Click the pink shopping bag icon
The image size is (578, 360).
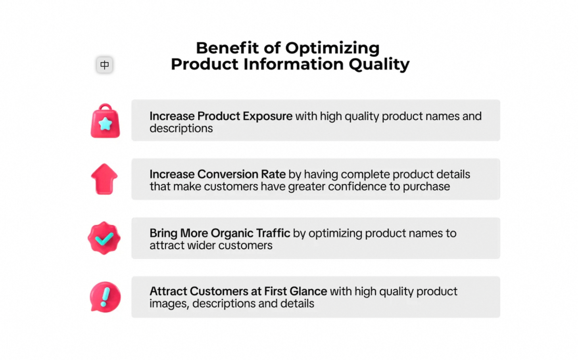point(105,121)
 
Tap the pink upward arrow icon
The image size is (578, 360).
point(104,179)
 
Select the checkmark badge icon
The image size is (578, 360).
point(104,238)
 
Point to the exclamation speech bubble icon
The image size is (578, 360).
point(105,297)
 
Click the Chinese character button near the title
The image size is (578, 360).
point(105,64)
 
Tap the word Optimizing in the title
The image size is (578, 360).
point(332,49)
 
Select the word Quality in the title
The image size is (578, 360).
point(379,64)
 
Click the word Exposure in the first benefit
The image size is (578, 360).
point(268,116)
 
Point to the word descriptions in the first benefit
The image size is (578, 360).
point(181,129)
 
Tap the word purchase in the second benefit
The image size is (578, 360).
point(426,187)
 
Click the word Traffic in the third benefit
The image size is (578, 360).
point(276,233)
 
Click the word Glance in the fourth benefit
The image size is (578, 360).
point(308,291)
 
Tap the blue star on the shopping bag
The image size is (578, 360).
point(105,124)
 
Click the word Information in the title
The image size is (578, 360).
point(293,64)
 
